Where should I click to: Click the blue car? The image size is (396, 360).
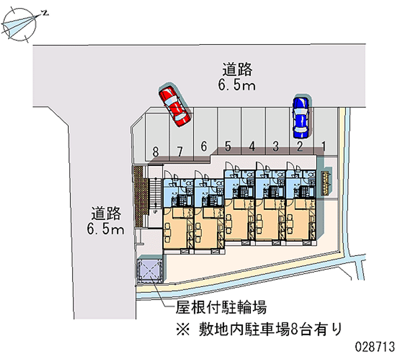coord(300,117)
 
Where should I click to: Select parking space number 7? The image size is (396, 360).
coord(180,136)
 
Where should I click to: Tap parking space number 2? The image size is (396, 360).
coord(300,136)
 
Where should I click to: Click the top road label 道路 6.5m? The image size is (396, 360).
coord(237,77)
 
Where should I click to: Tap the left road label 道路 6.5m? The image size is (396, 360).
coord(106,220)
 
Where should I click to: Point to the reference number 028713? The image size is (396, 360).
coord(373,345)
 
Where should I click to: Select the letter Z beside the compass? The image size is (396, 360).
coord(45,14)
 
